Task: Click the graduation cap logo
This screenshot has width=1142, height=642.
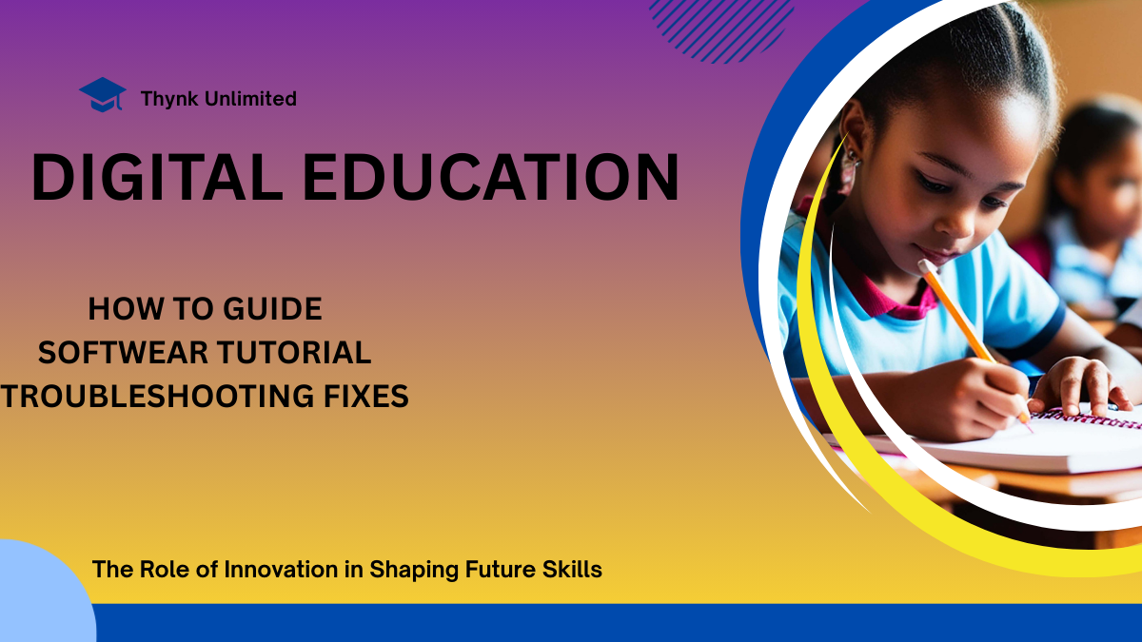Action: (x=103, y=95)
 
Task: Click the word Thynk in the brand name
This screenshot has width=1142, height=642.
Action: (x=169, y=99)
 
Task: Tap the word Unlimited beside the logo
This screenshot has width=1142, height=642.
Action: (x=249, y=98)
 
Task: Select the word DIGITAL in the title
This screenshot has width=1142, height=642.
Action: (x=157, y=177)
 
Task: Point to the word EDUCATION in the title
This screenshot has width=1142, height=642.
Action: (x=491, y=177)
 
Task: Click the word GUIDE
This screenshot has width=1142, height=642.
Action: (x=272, y=309)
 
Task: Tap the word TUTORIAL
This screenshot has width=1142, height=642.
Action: (x=294, y=353)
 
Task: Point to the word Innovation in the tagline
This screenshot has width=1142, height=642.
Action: (x=281, y=569)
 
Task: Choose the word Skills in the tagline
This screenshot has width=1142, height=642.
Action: (x=572, y=569)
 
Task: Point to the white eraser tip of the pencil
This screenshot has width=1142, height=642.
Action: (x=924, y=266)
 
